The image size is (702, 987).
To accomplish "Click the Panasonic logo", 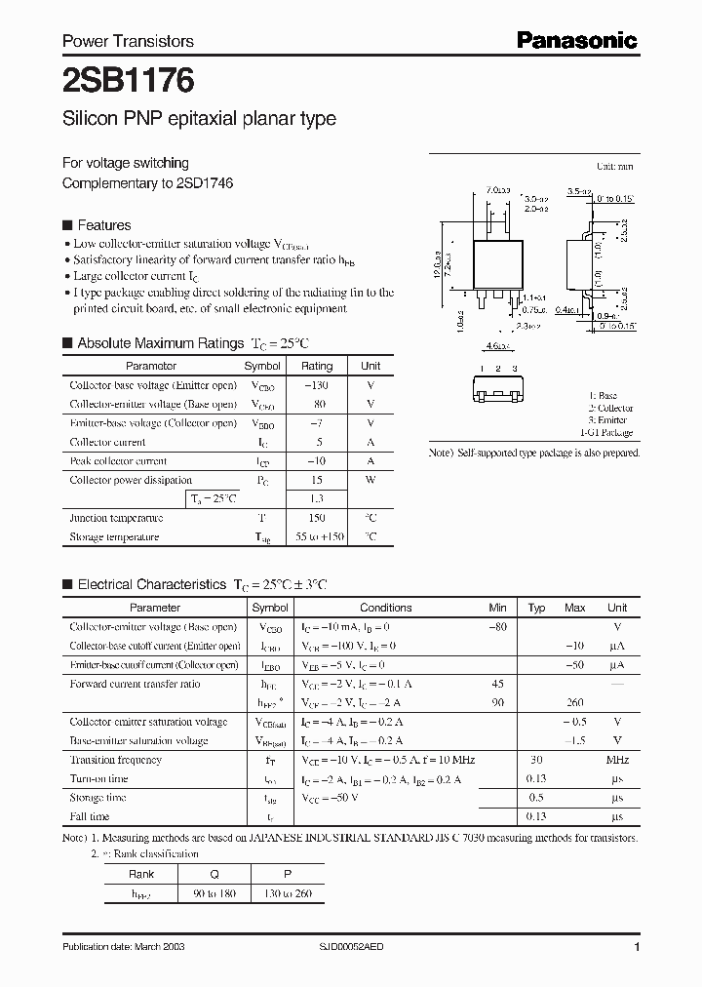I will point(576,40).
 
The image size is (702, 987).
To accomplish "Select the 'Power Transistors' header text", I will point(128,41).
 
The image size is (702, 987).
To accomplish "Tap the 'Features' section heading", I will point(103,224).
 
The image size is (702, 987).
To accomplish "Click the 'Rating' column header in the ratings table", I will point(317,366).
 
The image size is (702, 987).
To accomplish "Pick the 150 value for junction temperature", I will point(317,518).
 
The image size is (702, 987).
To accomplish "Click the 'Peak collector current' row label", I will point(118,461).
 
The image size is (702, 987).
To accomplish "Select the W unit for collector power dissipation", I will point(370,480).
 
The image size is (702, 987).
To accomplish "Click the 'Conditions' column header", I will point(386,608).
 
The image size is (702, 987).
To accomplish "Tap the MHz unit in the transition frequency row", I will point(616,760).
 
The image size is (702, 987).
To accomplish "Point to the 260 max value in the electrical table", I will point(575,702).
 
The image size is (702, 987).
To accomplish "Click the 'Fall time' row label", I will point(90,816).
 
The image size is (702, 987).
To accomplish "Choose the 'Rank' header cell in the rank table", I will point(141,874).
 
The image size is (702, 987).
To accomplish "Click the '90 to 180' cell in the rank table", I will point(215,892).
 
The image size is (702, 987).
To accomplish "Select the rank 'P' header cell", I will point(288,874).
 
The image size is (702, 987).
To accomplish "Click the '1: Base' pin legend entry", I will point(615,396).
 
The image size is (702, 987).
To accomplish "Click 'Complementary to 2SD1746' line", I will point(147,182).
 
